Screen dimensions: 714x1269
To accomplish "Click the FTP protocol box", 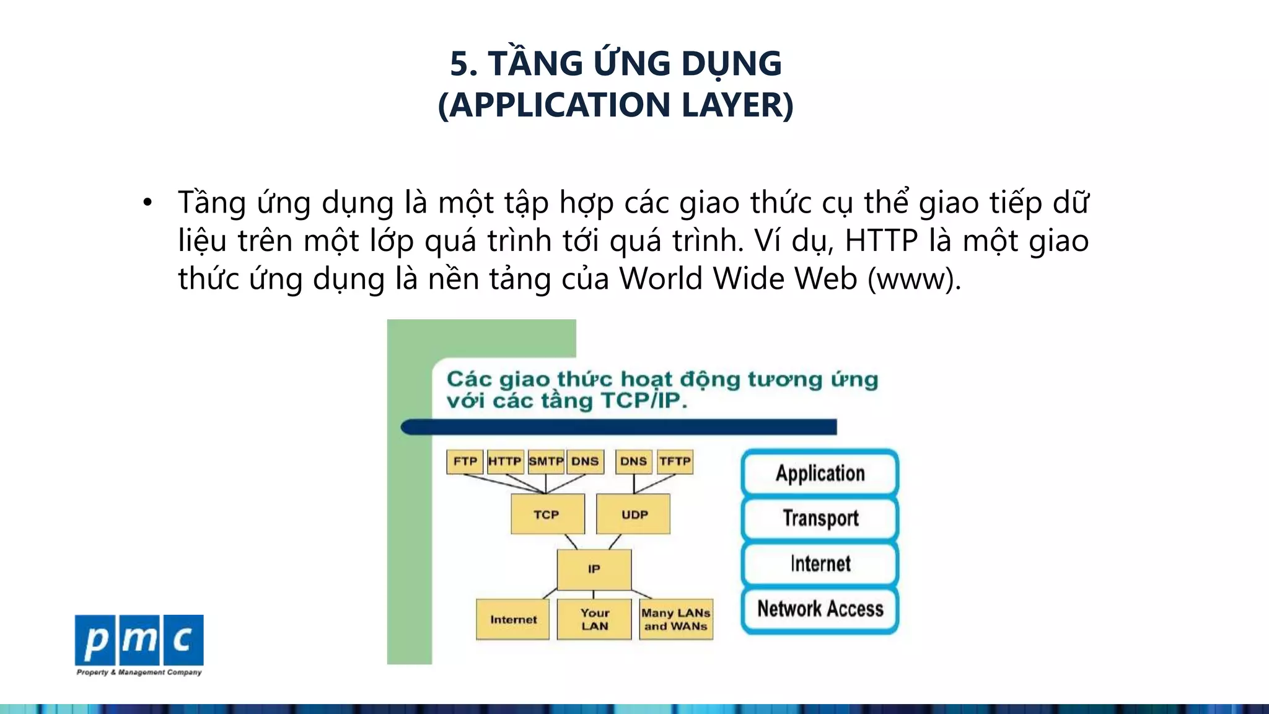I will pos(465,462).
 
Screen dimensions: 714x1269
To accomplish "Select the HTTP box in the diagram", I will pos(505,462).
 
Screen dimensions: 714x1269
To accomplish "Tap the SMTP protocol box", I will pos(546,462).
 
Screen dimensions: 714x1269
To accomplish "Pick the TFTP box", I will pos(675,462).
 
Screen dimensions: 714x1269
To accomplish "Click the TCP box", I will pos(547,514).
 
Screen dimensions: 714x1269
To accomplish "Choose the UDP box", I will pos(633,514).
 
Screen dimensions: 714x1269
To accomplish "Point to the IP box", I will pos(594,569).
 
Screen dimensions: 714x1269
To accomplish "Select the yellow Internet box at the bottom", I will pos(512,619).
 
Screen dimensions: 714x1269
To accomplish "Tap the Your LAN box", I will pos(594,619).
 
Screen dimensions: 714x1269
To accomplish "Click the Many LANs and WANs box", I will pos(676,619).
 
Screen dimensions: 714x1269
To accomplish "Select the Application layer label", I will pos(820,474).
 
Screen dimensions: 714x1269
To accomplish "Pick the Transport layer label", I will pos(820,518).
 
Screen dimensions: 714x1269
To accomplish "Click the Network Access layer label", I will pos(820,609).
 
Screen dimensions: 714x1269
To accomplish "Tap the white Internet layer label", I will pos(820,564).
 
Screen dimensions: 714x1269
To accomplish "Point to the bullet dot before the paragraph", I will pos(147,203).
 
